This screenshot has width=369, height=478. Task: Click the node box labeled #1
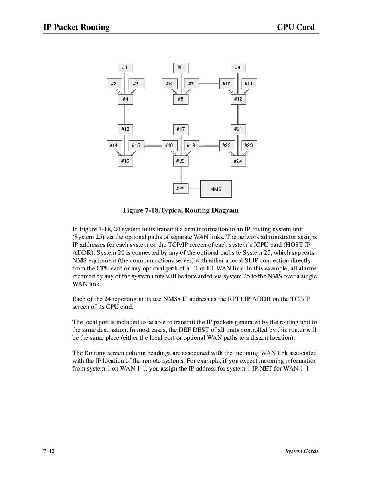click(x=125, y=68)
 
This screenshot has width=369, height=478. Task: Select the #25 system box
click(x=181, y=188)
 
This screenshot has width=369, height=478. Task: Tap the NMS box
click(x=216, y=189)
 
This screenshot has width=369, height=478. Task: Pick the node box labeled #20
click(x=181, y=161)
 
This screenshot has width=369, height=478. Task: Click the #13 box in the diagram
click(x=125, y=129)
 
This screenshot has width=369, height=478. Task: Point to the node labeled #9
click(x=238, y=68)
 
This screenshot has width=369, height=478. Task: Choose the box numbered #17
click(x=181, y=129)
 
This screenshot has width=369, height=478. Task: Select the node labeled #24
click(x=238, y=161)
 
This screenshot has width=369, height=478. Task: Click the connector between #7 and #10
click(x=209, y=84)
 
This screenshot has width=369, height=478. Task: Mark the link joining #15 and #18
click(x=152, y=145)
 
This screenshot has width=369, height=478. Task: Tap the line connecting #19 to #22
click(x=209, y=145)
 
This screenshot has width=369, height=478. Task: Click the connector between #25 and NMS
click(x=194, y=188)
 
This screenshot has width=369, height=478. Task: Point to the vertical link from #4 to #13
click(x=125, y=114)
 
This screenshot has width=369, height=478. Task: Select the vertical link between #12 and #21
click(x=238, y=114)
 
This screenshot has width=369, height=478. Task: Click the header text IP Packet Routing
click(x=77, y=27)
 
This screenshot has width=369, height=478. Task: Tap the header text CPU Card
click(x=296, y=27)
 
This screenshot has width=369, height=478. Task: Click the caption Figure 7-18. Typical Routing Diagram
click(x=181, y=210)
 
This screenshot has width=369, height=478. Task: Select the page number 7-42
click(x=49, y=451)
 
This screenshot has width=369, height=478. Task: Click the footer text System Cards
click(x=302, y=451)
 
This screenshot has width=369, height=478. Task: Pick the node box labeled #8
click(x=181, y=99)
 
